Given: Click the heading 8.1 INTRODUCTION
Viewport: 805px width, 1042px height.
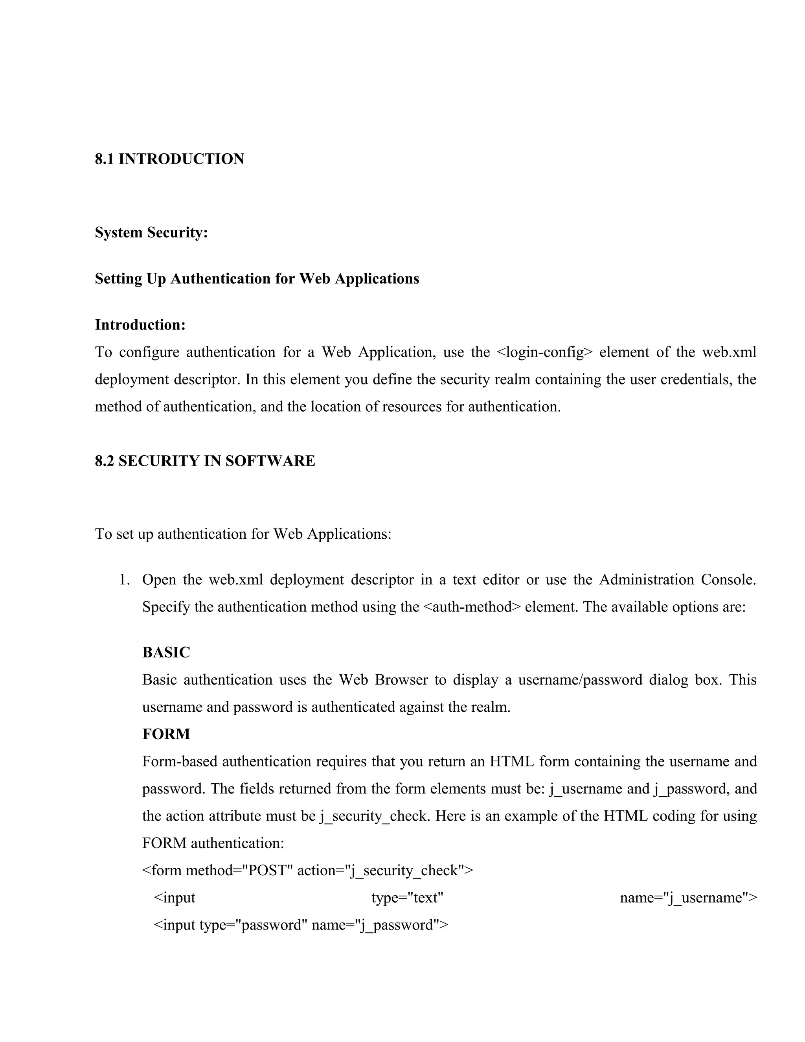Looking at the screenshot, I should click(x=169, y=159).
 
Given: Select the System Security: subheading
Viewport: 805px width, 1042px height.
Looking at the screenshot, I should click(x=151, y=232).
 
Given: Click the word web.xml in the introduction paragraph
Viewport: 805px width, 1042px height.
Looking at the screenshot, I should click(x=729, y=352).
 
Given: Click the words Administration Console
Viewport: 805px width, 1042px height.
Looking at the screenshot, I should click(x=677, y=580).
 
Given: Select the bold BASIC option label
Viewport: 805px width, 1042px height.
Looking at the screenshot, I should click(x=166, y=652).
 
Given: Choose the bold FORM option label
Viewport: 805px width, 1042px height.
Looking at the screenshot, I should click(x=166, y=734).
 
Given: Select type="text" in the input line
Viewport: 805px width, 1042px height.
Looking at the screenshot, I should click(x=407, y=897).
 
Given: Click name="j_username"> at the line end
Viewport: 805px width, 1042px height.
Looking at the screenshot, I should click(x=688, y=897).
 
